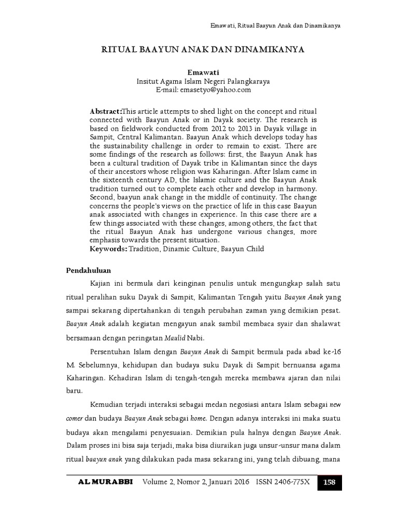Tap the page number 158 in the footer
pyautogui.click(x=329, y=482)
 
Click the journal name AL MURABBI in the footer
pyautogui.click(x=105, y=482)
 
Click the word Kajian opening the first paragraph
pyautogui.click(x=102, y=285)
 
